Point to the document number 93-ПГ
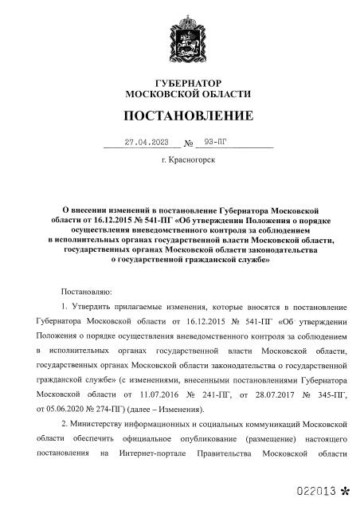[216, 143]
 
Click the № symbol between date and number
[189, 145]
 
